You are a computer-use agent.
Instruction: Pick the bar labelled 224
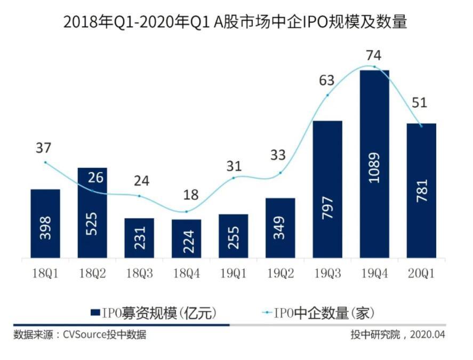186,238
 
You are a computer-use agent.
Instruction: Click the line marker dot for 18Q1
45,162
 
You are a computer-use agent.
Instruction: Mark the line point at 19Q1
233,178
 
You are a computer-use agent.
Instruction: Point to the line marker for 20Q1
421,126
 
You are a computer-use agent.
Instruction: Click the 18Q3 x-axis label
139,274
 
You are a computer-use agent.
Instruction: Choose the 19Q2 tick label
280,274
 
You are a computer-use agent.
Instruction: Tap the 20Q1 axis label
421,274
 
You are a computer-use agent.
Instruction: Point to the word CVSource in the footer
84,335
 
